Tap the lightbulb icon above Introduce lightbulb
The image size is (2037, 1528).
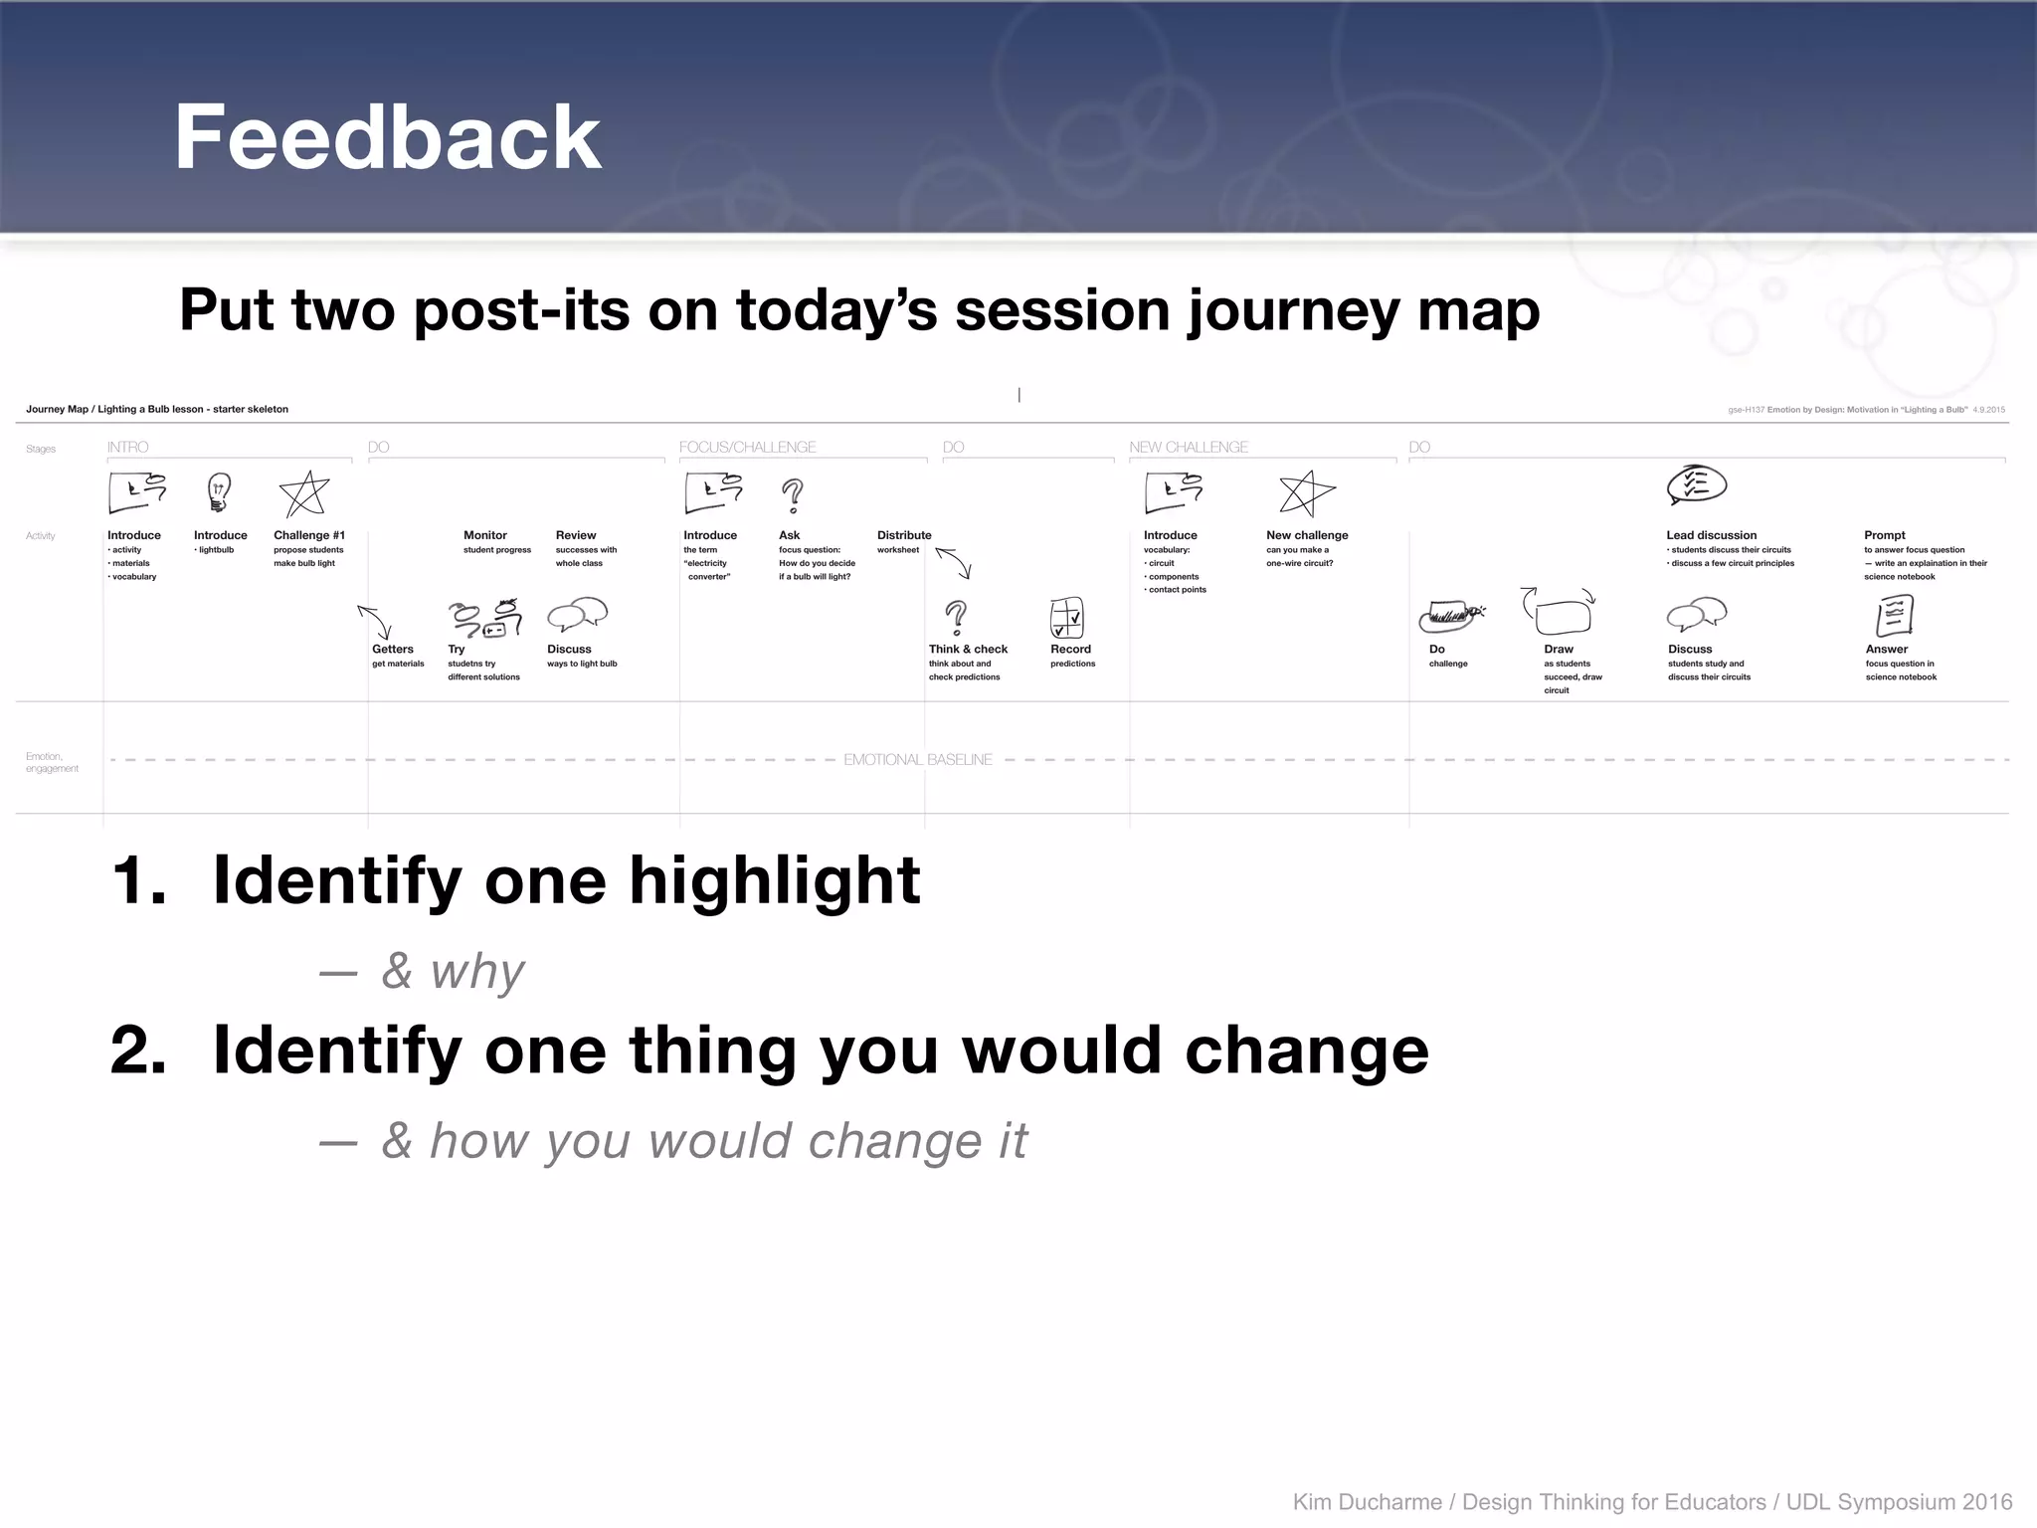point(219,491)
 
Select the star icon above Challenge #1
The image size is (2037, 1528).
point(304,493)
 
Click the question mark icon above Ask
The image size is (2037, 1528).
point(792,494)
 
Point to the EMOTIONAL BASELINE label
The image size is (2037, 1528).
point(917,760)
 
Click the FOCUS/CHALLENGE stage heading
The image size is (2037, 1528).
point(747,448)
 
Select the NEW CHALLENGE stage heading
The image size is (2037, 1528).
point(1188,448)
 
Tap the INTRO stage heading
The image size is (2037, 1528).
point(128,448)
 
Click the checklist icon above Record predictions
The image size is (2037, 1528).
point(1066,618)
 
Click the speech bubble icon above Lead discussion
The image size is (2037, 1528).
point(1696,485)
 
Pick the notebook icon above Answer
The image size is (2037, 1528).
point(1894,616)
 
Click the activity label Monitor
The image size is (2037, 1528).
point(484,535)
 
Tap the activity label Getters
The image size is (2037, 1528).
point(392,649)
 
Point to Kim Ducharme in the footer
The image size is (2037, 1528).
point(1367,1502)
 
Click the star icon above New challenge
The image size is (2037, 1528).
point(1306,493)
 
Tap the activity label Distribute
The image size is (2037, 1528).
point(903,535)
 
